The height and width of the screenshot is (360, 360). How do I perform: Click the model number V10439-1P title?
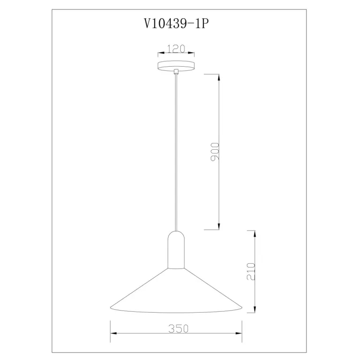[x=176, y=23]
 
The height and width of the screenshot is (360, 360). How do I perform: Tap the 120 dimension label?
[x=176, y=49]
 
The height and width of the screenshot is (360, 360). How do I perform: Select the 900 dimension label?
[x=215, y=152]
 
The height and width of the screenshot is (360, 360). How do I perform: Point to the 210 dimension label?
[x=251, y=271]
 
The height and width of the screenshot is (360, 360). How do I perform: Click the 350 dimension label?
[x=178, y=329]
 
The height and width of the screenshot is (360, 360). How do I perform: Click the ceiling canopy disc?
[x=176, y=66]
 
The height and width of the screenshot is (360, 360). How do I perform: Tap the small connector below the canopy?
[x=176, y=72]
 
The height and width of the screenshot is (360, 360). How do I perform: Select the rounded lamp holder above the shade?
[x=176, y=250]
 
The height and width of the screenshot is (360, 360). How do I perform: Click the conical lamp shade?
[x=176, y=291]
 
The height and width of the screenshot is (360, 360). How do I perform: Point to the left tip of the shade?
[x=110, y=307]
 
